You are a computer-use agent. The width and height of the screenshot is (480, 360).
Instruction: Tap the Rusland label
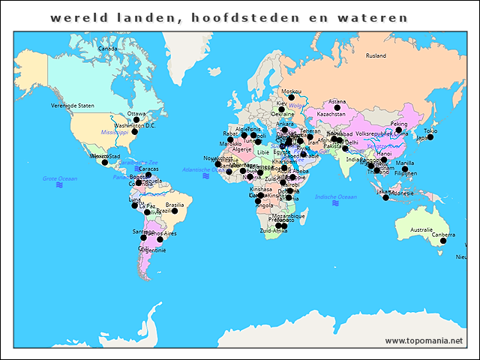click(x=376, y=56)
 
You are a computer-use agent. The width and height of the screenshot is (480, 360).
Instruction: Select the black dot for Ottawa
click(x=136, y=120)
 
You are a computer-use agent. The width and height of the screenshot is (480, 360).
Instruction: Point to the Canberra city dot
click(x=443, y=240)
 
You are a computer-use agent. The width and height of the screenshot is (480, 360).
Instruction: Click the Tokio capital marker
click(x=430, y=137)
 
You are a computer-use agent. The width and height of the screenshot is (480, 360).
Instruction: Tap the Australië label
click(x=421, y=229)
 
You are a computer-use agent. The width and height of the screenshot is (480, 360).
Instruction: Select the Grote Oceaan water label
click(x=59, y=179)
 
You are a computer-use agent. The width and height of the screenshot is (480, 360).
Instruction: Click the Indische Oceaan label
click(x=334, y=197)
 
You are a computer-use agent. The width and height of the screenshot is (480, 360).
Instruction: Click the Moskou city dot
click(x=292, y=97)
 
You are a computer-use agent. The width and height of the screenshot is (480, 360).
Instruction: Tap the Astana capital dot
click(x=337, y=108)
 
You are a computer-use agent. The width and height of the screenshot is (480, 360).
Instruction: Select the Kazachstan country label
click(x=331, y=115)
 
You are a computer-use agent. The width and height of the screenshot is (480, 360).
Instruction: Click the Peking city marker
click(x=399, y=130)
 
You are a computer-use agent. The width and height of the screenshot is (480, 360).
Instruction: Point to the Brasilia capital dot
click(x=175, y=211)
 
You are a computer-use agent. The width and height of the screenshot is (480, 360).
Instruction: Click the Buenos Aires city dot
click(x=160, y=239)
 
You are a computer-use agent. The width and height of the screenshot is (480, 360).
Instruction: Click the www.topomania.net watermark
click(x=424, y=340)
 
